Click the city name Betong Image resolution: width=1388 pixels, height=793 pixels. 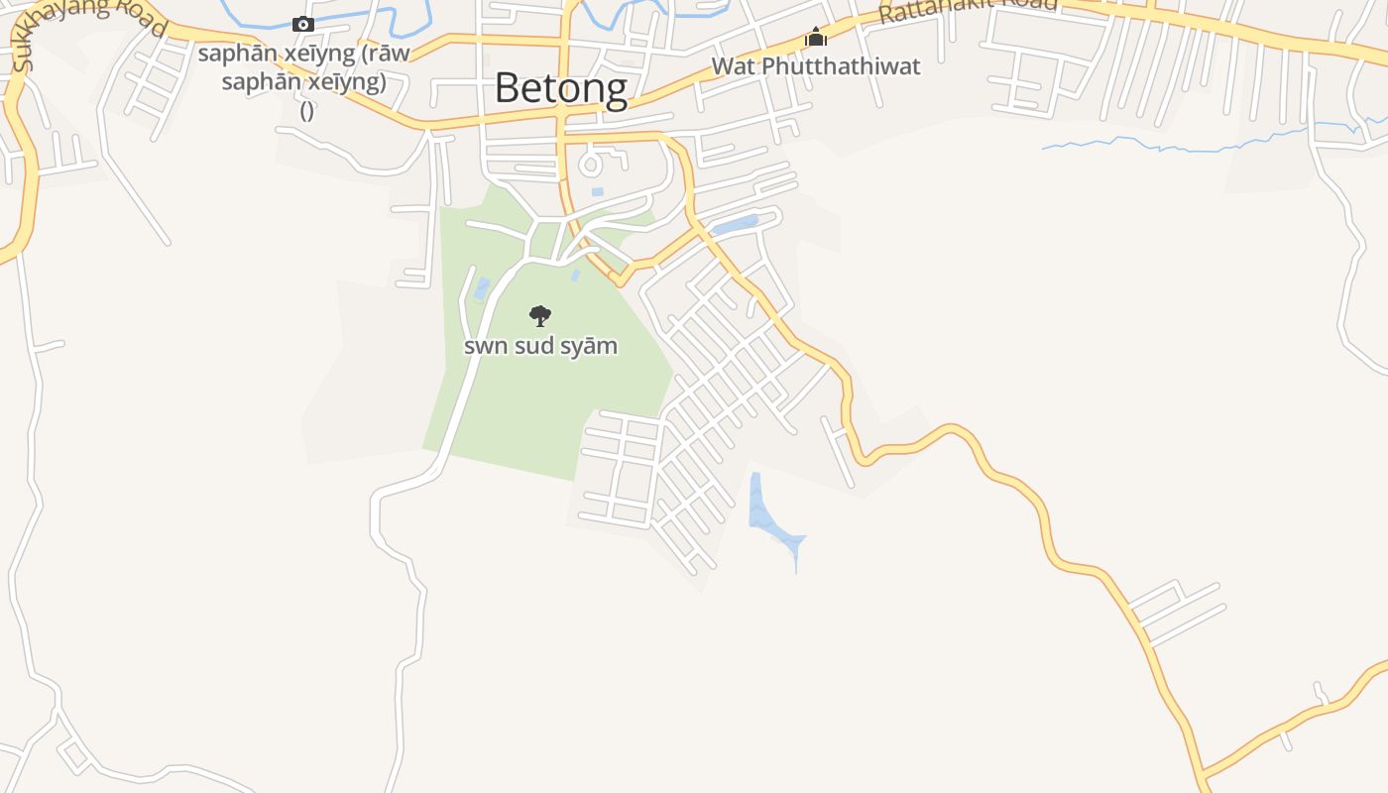(560, 88)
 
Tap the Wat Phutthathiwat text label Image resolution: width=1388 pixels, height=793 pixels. (816, 66)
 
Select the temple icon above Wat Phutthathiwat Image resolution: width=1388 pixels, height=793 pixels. (816, 39)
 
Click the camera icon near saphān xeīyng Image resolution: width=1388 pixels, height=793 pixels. (303, 24)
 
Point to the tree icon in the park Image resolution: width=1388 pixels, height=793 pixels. (540, 316)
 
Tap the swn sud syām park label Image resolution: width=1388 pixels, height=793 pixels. (540, 346)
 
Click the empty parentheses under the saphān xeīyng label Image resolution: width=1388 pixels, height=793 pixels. (307, 110)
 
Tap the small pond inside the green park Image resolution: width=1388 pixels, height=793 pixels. (482, 288)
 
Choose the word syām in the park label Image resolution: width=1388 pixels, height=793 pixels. (590, 346)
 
